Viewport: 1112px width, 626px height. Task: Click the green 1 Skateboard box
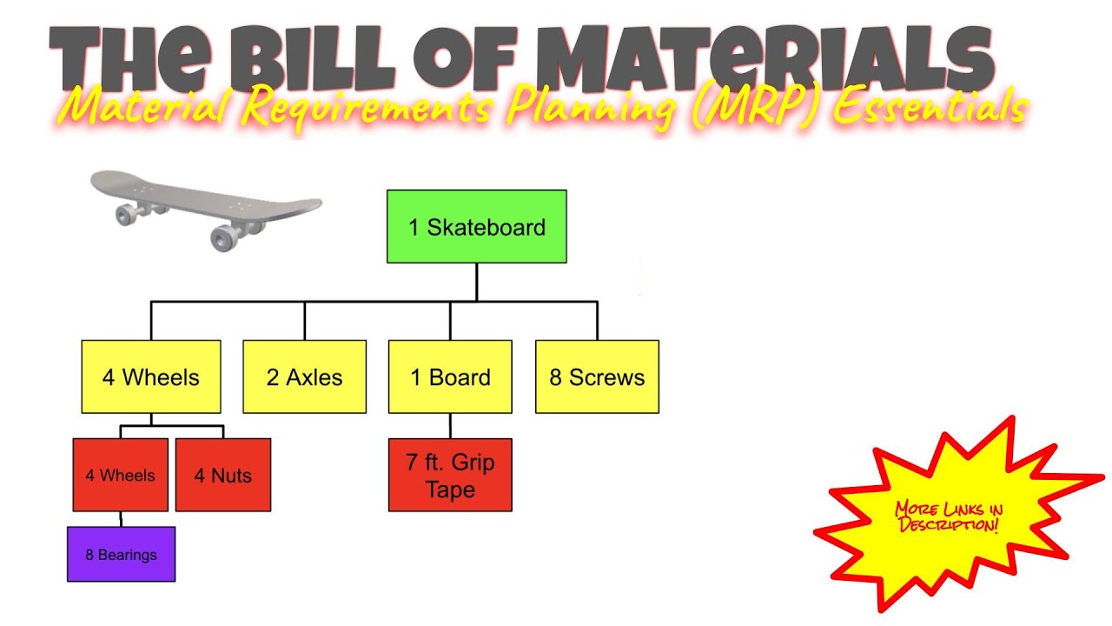476,227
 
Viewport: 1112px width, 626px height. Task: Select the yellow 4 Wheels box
151,376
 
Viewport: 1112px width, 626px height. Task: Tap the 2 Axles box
304,376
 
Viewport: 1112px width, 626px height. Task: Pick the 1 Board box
450,376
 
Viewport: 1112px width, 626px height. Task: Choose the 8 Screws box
597,376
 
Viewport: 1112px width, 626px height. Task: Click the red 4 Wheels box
120,475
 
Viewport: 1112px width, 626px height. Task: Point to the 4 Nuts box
223,475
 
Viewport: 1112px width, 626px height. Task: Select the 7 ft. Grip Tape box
450,475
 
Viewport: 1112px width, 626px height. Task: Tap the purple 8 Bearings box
121,554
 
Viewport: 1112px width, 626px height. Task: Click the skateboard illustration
205,207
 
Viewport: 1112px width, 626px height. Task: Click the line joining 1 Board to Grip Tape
450,425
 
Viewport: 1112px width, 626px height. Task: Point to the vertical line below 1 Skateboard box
476,282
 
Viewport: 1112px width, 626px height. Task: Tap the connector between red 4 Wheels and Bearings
121,519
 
